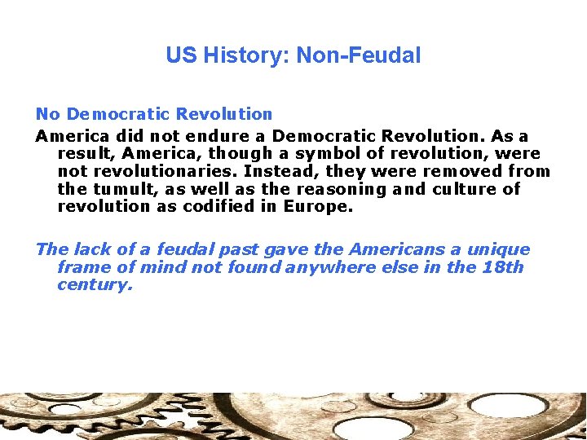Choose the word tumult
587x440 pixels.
point(115,189)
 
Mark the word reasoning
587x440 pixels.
point(339,189)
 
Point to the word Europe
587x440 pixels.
point(318,206)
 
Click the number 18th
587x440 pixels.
point(503,267)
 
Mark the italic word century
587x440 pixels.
point(95,285)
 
